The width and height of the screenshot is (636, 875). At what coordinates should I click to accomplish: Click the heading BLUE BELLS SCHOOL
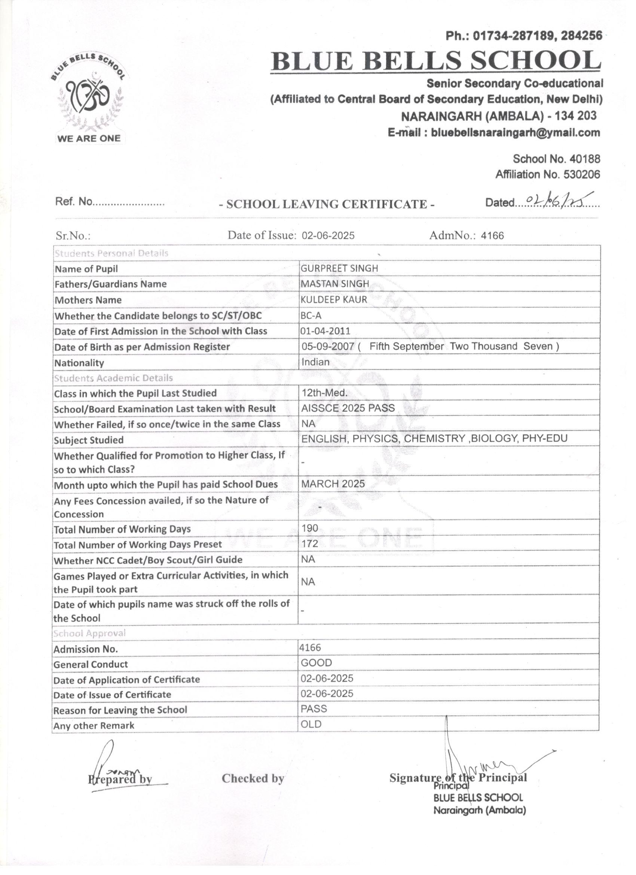[x=435, y=61]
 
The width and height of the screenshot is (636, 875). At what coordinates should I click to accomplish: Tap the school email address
[x=494, y=133]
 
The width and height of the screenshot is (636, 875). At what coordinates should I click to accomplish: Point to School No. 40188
[x=556, y=159]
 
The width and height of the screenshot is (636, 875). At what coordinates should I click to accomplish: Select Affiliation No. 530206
[x=548, y=174]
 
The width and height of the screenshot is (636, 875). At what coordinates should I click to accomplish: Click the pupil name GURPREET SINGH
[x=339, y=268]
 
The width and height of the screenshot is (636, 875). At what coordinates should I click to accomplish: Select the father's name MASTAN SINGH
[x=334, y=284]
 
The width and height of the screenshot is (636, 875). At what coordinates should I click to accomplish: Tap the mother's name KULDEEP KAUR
[x=334, y=299]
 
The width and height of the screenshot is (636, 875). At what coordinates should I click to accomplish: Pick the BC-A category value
[x=311, y=315]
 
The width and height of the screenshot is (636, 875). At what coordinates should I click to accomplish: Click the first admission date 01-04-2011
[x=326, y=331]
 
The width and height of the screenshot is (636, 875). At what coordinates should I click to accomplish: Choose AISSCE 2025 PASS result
[x=348, y=408]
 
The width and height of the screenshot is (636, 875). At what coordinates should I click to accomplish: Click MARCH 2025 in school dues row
[x=333, y=484]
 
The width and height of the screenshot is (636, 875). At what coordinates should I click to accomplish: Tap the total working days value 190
[x=310, y=528]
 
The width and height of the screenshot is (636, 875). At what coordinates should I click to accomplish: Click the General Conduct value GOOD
[x=316, y=663]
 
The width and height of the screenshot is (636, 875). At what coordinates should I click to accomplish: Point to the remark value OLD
[x=311, y=724]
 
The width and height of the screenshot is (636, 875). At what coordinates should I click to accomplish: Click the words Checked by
[x=253, y=778]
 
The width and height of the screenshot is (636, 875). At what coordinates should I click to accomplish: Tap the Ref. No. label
[x=74, y=201]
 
